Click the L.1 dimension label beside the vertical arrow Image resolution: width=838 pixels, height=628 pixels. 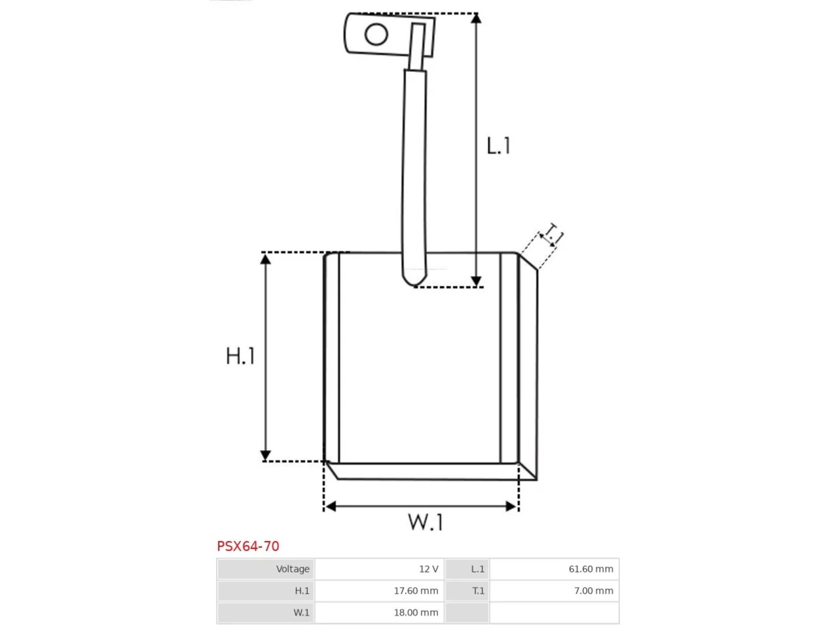[498, 145]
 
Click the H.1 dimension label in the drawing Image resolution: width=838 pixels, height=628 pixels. [240, 355]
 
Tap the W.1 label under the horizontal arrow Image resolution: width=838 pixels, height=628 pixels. [426, 521]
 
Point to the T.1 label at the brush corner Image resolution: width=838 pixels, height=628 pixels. [553, 233]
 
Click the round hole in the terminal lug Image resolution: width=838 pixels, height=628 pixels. [376, 34]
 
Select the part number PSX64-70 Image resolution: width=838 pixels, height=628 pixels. [247, 546]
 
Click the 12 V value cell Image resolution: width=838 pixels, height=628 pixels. [379, 569]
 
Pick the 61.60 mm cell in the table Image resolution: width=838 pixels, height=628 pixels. [554, 569]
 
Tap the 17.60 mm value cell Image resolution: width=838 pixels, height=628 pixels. [379, 591]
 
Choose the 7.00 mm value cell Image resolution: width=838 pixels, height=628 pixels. [554, 591]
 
